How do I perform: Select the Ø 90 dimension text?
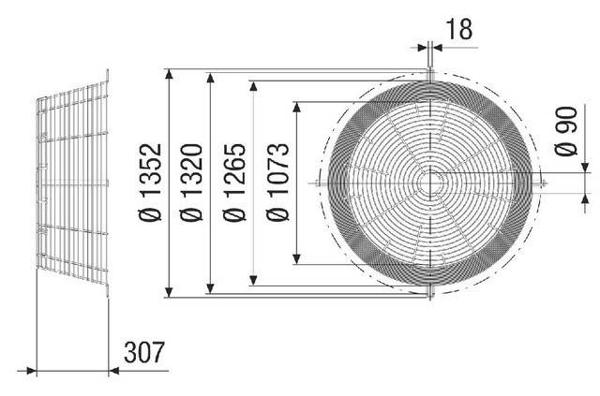(x=564, y=137)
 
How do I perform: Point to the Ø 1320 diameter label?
(x=195, y=183)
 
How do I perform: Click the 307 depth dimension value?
(x=145, y=353)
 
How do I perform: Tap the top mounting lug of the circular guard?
(x=429, y=73)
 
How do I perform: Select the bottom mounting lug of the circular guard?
(x=429, y=293)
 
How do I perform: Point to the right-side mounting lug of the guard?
(x=539, y=182)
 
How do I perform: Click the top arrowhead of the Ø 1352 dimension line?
(x=169, y=72)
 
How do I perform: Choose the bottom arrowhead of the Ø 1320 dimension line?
(x=211, y=290)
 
